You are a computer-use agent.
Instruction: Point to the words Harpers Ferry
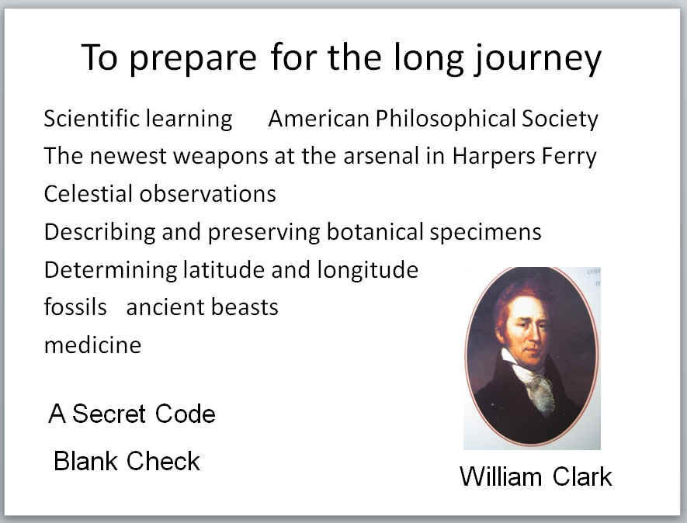[x=525, y=157]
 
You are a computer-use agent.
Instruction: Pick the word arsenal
[x=380, y=156]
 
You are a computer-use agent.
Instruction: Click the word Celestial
[x=88, y=194]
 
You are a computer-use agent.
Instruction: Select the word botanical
[x=375, y=232]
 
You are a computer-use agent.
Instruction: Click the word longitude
[x=368, y=270]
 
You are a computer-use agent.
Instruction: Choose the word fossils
[x=75, y=307]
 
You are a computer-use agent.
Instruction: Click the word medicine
[x=93, y=345]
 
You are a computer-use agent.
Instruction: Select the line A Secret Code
[x=132, y=414]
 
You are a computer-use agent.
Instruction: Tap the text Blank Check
[x=127, y=461]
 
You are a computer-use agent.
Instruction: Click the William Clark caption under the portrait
[x=536, y=476]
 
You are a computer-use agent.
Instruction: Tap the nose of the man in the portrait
[x=536, y=332]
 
